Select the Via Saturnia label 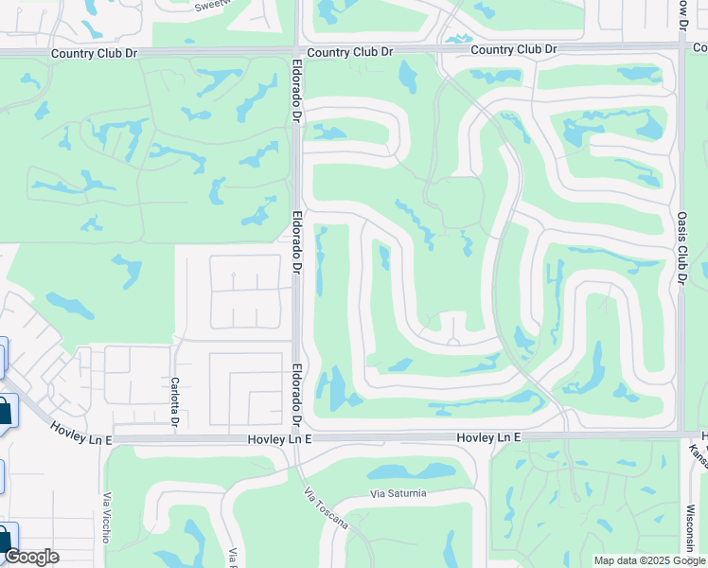[398, 493]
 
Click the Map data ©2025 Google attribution [649, 560]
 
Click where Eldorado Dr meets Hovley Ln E [296, 438]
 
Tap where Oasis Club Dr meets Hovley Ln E [680, 435]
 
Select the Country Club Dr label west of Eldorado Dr [95, 54]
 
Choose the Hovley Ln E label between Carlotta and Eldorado [274, 439]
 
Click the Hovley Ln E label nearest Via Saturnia [488, 437]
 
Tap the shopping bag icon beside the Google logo [5, 540]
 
